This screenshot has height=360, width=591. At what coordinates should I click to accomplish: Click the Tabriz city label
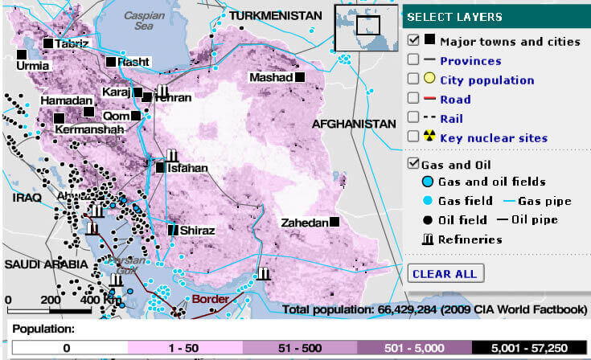72,43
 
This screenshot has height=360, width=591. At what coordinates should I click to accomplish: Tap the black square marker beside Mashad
300,77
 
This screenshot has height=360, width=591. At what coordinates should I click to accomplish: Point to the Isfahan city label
187,169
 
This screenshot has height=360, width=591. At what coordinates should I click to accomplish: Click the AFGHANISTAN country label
354,125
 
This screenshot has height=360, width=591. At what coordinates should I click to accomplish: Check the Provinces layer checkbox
413,60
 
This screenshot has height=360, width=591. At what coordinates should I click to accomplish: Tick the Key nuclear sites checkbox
413,137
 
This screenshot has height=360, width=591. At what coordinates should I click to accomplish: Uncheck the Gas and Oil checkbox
413,164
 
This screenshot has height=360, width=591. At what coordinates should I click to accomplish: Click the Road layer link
455,100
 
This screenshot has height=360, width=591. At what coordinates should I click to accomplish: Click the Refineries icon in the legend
427,239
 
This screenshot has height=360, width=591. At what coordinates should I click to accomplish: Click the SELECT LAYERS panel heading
455,17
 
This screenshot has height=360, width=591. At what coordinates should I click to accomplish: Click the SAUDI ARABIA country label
44,264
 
